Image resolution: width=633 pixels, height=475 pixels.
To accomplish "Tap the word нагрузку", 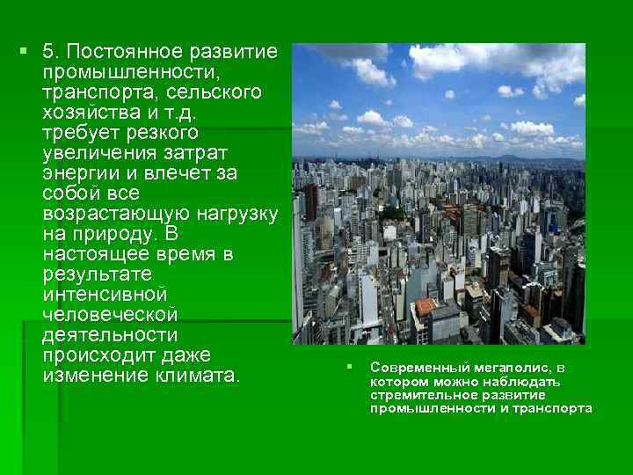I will (x=237, y=213).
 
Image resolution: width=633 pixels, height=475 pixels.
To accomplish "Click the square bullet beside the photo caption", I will (x=349, y=366).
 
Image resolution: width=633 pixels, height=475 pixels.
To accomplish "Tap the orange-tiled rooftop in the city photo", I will (x=426, y=306).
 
